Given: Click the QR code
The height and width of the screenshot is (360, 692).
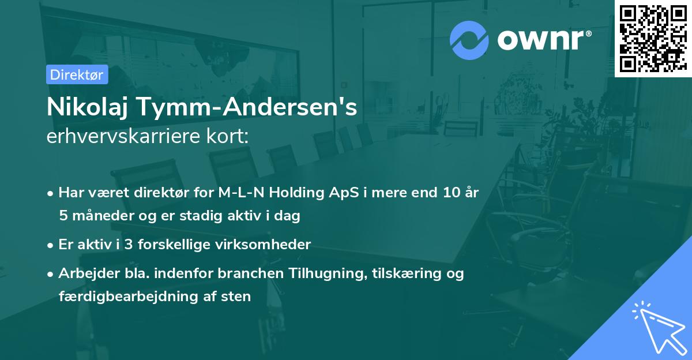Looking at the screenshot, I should [x=653, y=38].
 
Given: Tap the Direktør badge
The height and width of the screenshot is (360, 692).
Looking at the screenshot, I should [x=77, y=74].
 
